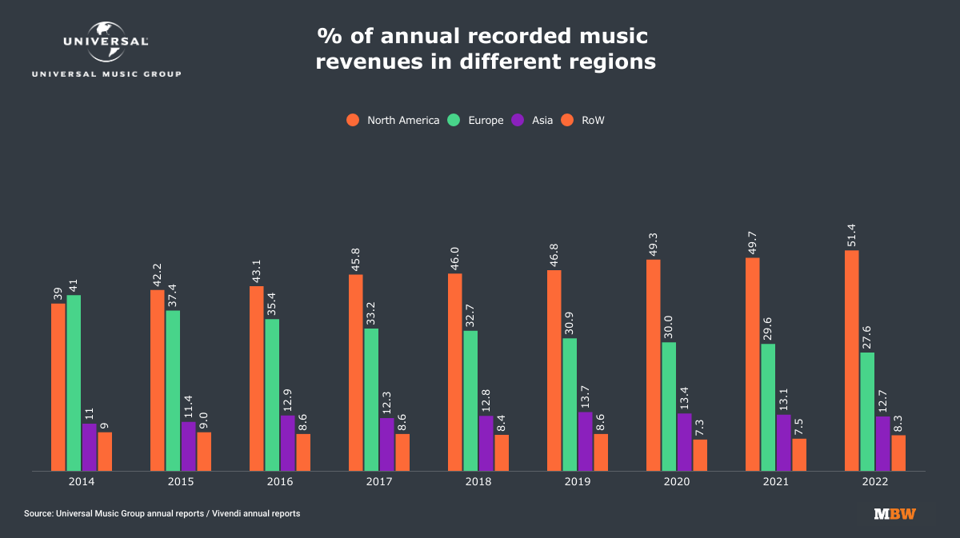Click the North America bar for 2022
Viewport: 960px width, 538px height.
pyautogui.click(x=851, y=361)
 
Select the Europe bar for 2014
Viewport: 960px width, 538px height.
pyautogui.click(x=74, y=383)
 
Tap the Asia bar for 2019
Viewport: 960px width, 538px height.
pyautogui.click(x=585, y=441)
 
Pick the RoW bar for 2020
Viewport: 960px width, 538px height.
pyautogui.click(x=700, y=455)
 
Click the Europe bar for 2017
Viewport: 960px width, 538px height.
pyautogui.click(x=371, y=400)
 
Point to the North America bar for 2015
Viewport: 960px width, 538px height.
pyautogui.click(x=158, y=381)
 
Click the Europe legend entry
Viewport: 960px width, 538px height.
pyautogui.click(x=477, y=120)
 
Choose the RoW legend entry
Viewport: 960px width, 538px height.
pyautogui.click(x=586, y=120)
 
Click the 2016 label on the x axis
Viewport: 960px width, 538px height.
pyautogui.click(x=280, y=482)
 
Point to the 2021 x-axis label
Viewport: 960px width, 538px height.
pyautogui.click(x=776, y=482)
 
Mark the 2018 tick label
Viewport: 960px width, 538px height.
pyautogui.click(x=478, y=482)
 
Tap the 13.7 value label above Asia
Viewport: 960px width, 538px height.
pyautogui.click(x=586, y=394)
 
